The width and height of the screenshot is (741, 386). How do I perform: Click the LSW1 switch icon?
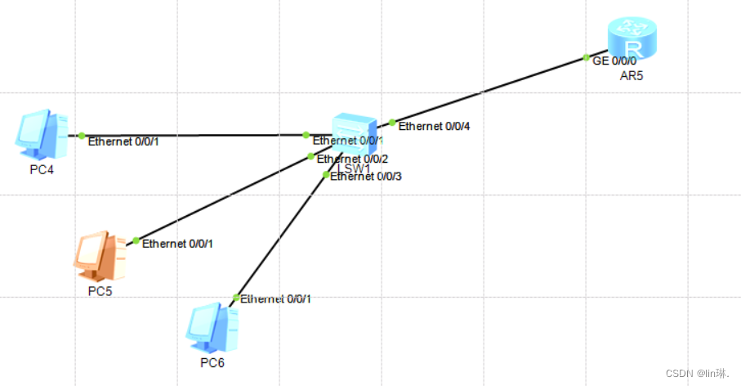[x=354, y=133]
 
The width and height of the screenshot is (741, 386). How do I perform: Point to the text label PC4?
[x=41, y=170]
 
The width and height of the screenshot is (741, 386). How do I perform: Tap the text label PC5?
[x=100, y=291]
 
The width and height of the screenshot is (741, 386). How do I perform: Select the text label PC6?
[x=212, y=362]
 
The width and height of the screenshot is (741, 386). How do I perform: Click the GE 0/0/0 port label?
[x=614, y=61]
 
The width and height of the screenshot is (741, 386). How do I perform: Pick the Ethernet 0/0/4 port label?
[x=434, y=126]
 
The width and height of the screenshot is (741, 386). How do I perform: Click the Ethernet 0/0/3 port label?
[x=366, y=177]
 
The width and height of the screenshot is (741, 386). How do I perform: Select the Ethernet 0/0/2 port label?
[x=352, y=159]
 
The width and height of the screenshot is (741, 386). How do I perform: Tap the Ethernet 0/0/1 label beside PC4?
[x=123, y=141]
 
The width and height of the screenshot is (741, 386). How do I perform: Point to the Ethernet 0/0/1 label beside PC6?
[x=276, y=299]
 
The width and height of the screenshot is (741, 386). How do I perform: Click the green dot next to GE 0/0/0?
[x=587, y=57]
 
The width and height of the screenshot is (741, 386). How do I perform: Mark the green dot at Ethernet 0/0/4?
[x=392, y=123]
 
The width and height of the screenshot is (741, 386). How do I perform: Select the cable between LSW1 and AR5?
[x=490, y=90]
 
